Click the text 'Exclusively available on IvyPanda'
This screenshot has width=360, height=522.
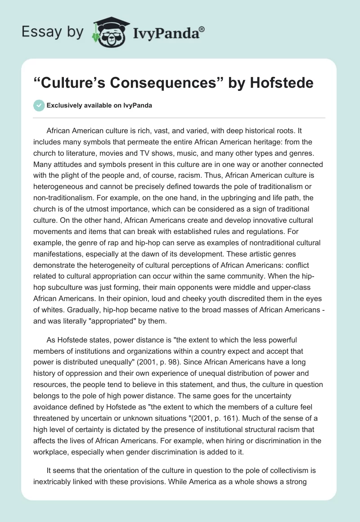pos(99,106)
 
